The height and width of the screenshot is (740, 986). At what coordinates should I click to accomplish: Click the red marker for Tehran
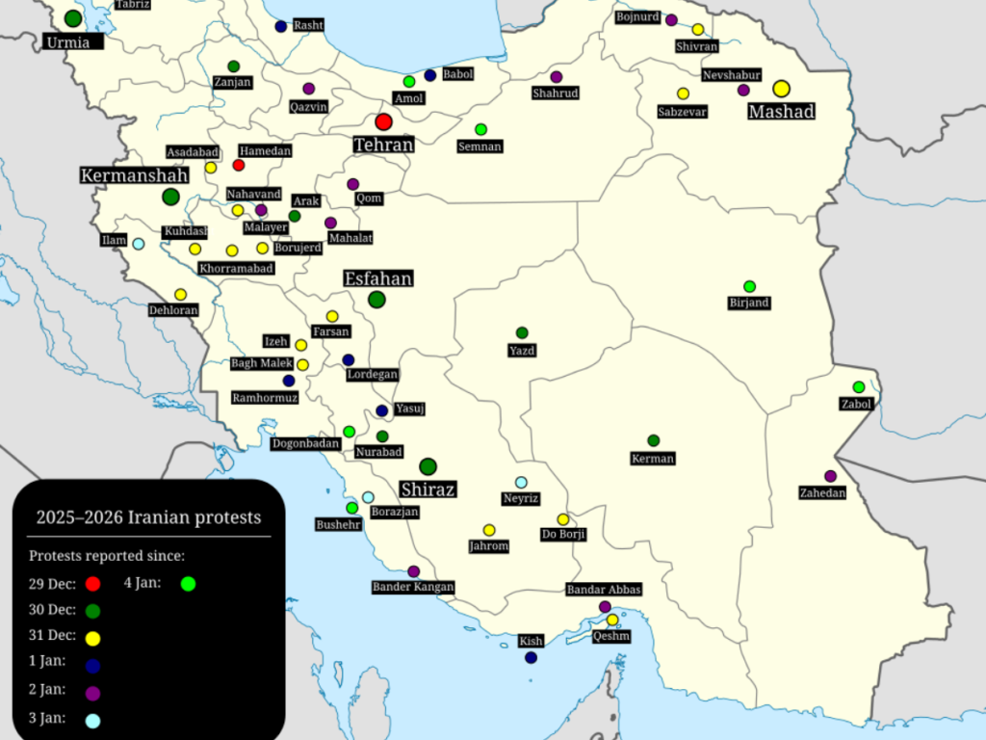click(x=383, y=121)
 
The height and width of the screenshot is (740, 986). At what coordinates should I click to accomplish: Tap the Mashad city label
click(x=782, y=112)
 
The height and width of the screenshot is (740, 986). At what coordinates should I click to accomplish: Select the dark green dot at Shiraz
click(x=428, y=466)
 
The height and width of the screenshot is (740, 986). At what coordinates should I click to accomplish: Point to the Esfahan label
click(x=378, y=278)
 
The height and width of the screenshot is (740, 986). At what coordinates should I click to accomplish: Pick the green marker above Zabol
click(x=859, y=387)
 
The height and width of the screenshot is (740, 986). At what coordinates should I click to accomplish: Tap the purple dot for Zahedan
click(x=830, y=476)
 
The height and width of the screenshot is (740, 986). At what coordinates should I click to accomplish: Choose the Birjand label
click(x=749, y=304)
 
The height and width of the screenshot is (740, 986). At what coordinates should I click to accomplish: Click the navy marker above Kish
click(x=531, y=658)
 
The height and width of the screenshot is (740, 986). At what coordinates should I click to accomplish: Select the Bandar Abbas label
click(x=604, y=590)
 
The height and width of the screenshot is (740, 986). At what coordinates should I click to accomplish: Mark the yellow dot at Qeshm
click(x=612, y=620)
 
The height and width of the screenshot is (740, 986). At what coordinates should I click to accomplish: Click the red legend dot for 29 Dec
click(x=92, y=583)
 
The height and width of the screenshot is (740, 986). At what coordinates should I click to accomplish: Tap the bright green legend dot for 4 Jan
click(x=188, y=583)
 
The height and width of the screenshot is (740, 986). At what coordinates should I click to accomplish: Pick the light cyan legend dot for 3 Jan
click(x=92, y=720)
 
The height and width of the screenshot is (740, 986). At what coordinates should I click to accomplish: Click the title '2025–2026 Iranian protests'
click(x=148, y=517)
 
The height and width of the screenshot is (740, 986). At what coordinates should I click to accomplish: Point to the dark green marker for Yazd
click(x=522, y=332)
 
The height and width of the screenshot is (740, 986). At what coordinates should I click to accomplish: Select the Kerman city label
click(x=653, y=459)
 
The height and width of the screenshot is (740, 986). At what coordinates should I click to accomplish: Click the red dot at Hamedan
click(x=239, y=165)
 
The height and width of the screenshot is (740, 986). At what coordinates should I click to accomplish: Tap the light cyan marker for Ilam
click(x=139, y=244)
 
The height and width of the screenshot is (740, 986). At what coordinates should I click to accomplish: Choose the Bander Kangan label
click(x=413, y=587)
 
